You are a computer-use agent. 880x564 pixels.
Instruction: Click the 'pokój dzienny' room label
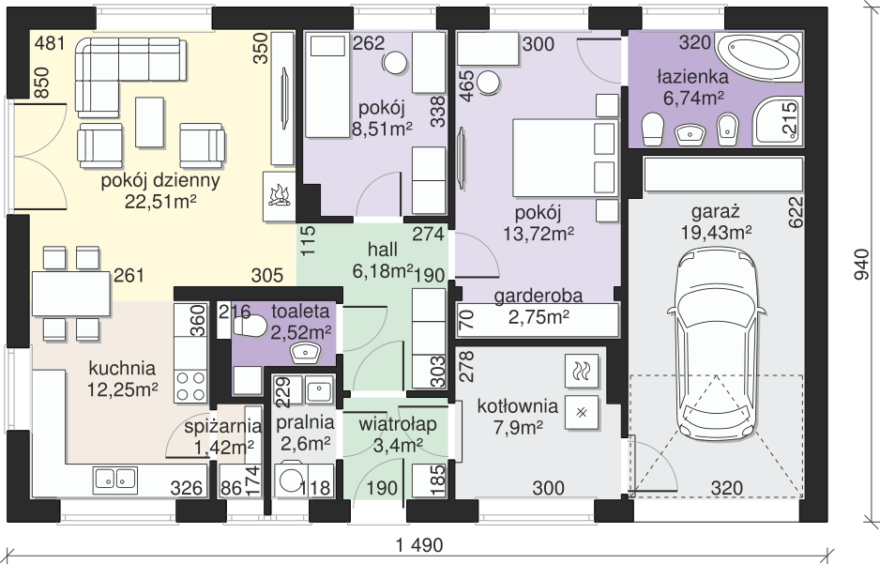[x=159, y=181]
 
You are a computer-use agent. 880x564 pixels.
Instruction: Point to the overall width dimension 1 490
[x=419, y=544]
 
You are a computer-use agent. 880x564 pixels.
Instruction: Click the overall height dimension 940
[x=861, y=265]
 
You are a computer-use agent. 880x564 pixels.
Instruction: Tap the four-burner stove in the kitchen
[x=190, y=387]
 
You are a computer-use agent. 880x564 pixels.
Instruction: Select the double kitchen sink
[x=115, y=480]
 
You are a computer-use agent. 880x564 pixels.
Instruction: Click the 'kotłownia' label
[x=518, y=405]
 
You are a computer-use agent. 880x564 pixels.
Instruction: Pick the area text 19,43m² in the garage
[x=717, y=232]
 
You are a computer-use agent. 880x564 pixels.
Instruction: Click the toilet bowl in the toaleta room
[x=248, y=326]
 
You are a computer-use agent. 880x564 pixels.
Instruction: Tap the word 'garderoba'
[x=539, y=296]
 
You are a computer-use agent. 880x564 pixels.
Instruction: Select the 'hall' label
[x=383, y=250]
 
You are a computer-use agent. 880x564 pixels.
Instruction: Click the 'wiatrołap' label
[x=398, y=424]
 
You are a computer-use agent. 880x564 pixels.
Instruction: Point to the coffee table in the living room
[x=150, y=122]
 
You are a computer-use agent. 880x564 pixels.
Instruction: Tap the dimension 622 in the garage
[x=796, y=211]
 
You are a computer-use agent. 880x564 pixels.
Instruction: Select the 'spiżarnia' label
[x=222, y=427]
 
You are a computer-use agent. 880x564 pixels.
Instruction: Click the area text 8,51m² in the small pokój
[x=382, y=129]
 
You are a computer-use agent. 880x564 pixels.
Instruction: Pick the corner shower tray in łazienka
[x=778, y=120]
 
